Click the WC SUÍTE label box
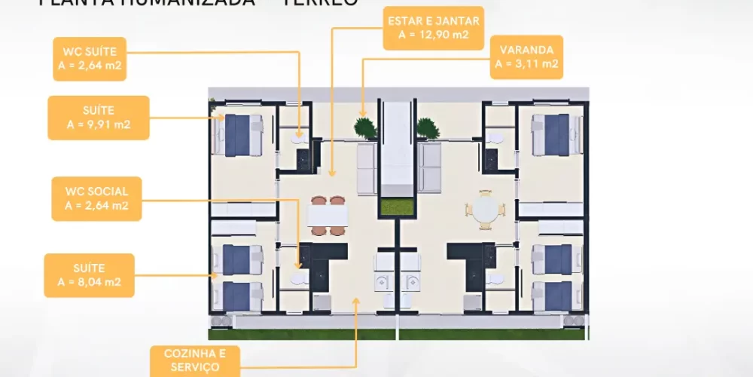coord(90,59)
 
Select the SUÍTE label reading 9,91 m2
coord(98,118)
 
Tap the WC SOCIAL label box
coord(96,198)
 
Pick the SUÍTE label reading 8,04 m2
coord(90,275)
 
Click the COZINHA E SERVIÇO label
coord(195,360)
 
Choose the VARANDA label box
coord(527,57)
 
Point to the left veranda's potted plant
coord(366,127)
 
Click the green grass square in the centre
coord(397,206)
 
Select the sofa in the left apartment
coord(367,168)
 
